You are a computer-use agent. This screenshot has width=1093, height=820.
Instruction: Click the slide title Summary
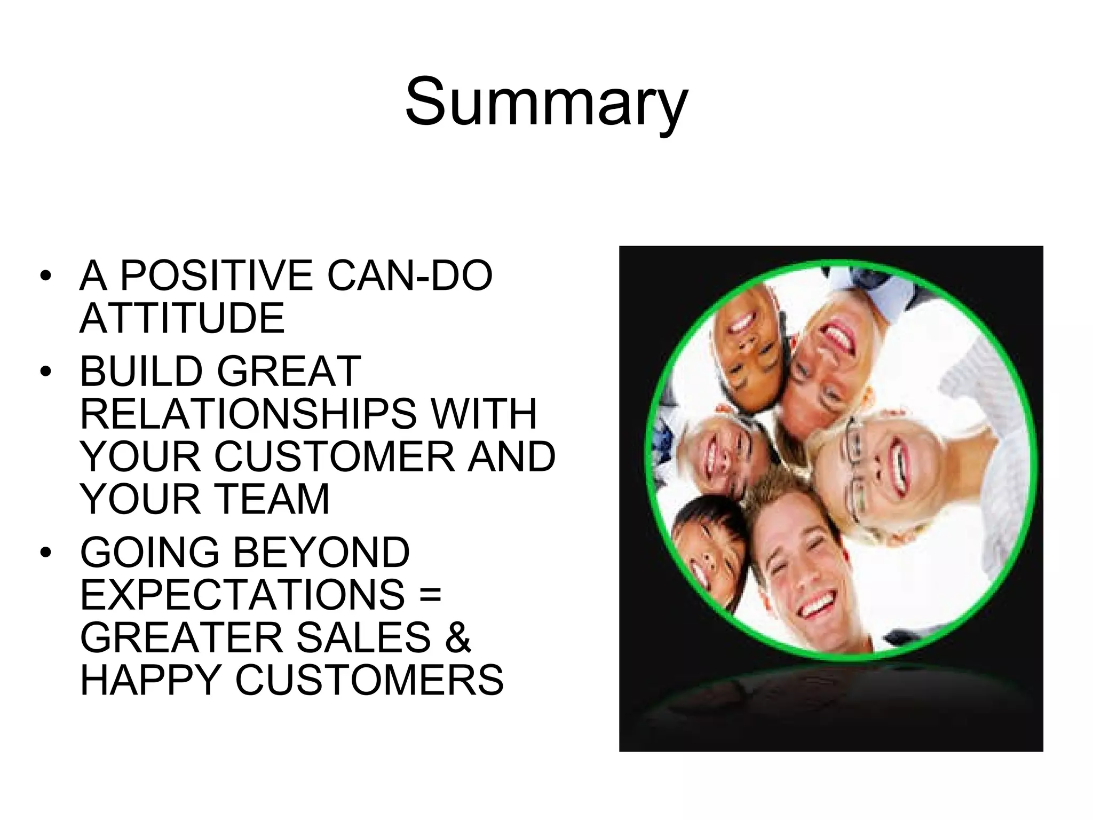[x=546, y=101]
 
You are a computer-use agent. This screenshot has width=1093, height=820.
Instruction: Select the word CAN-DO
[x=409, y=275]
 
